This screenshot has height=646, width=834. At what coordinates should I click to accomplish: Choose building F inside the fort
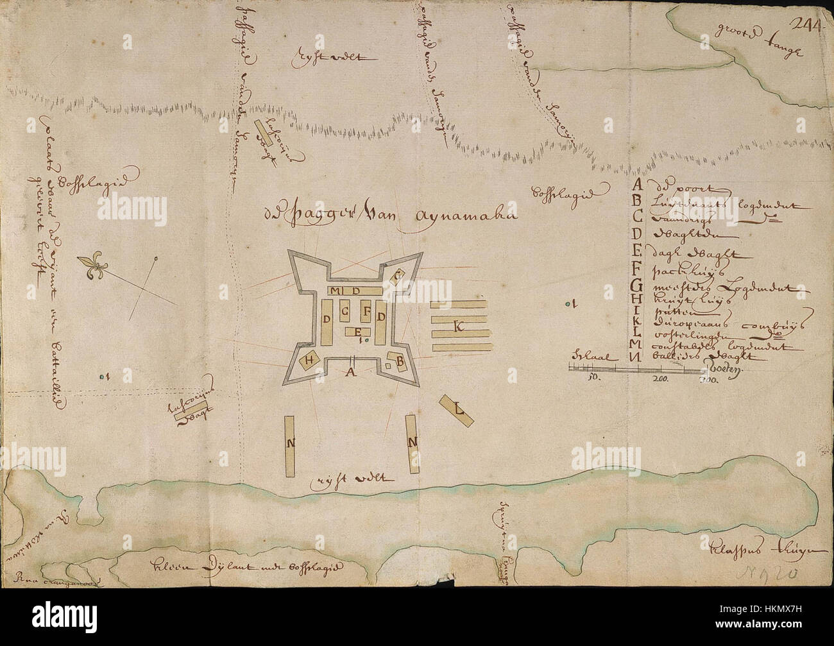pos(367,312)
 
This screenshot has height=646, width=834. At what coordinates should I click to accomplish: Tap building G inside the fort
pos(346,313)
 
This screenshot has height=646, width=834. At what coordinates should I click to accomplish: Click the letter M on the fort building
pos(337,291)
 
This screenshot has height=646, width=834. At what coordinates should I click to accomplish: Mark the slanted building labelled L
pos(457,409)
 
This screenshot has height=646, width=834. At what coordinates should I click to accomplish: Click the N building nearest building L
pos(413,443)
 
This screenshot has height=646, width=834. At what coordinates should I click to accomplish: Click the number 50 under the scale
pos(593,378)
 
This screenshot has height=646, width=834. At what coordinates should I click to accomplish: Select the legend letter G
pos(637,285)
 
